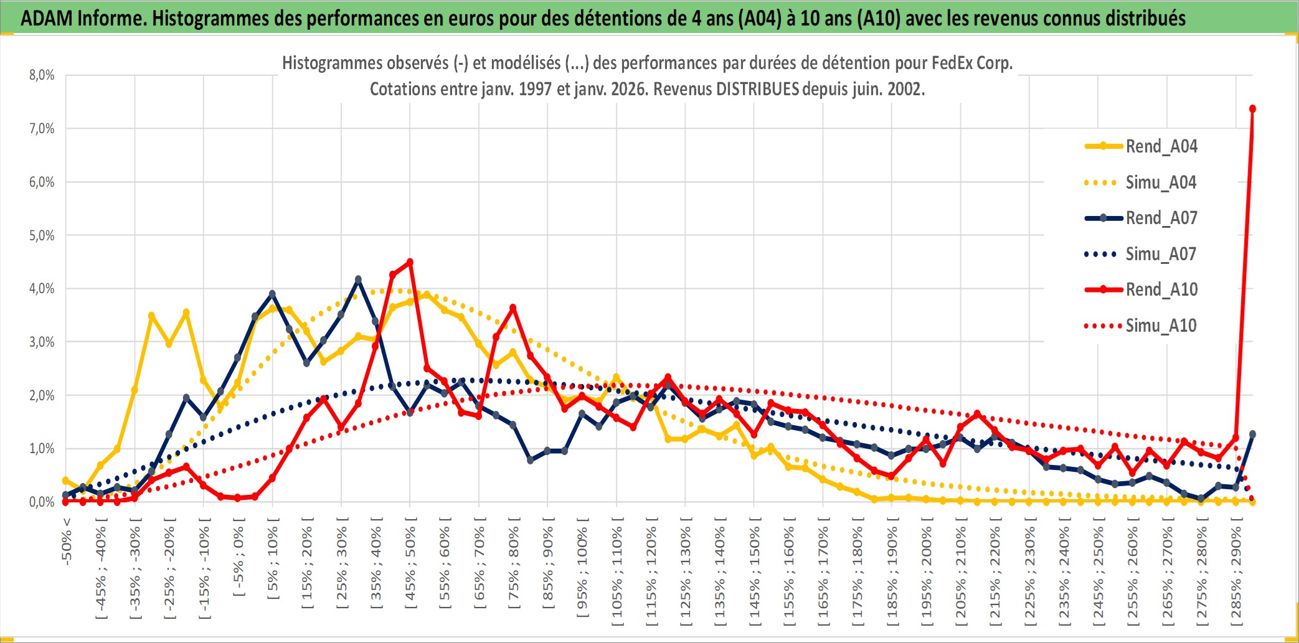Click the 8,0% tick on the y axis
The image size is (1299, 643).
(42, 75)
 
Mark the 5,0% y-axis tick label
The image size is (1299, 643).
(42, 235)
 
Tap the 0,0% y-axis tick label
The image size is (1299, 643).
(42, 502)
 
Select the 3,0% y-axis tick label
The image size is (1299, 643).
(42, 342)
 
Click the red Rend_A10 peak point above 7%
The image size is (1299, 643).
(1252, 109)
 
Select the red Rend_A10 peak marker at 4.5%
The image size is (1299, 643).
(410, 262)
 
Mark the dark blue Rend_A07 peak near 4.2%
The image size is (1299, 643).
(358, 279)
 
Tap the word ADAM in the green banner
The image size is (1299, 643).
(47, 18)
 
